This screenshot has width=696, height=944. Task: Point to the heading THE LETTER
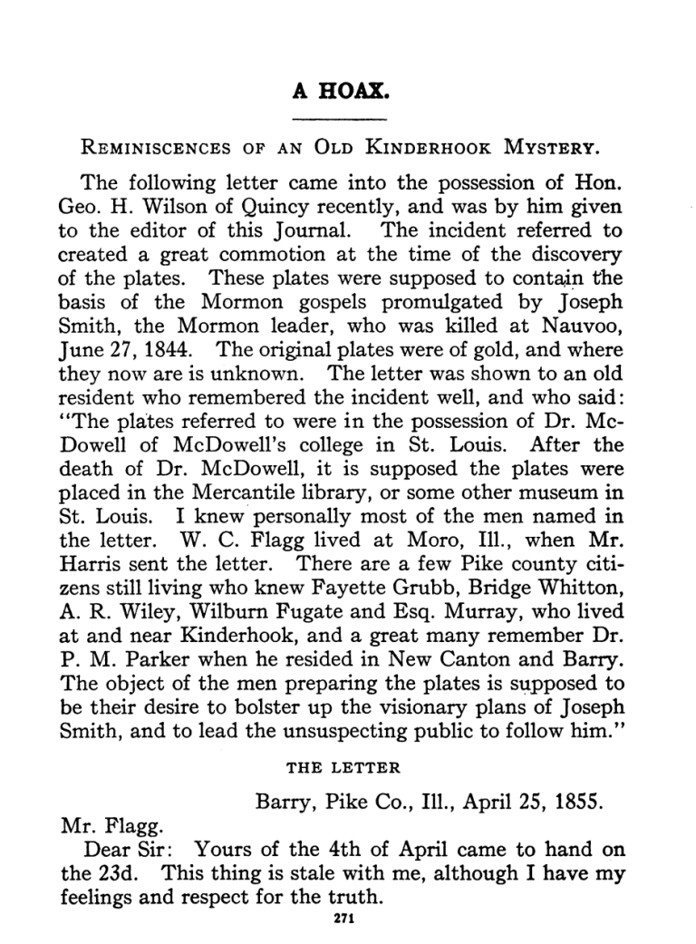pyautogui.click(x=343, y=767)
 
